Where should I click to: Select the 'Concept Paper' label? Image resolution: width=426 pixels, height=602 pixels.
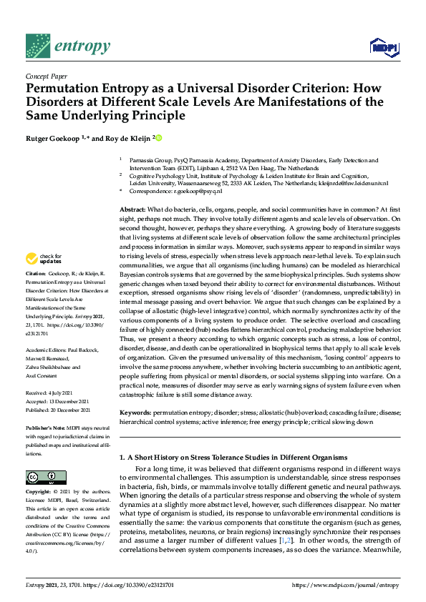pos(45,75)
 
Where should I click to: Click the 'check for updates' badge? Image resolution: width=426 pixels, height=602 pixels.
pos(44,258)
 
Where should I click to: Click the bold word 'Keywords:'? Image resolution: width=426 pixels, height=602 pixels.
pos(136,413)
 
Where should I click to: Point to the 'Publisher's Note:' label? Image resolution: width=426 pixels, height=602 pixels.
pos(47,427)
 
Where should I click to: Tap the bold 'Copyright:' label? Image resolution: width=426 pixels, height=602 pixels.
pos(39,492)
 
